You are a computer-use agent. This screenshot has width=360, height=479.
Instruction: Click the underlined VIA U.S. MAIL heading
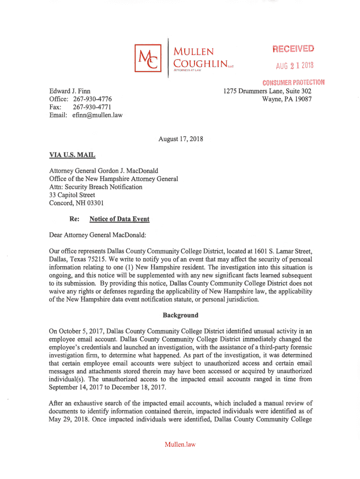[72, 154]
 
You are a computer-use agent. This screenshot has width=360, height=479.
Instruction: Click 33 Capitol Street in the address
[72, 195]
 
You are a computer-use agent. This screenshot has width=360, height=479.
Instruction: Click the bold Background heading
[180, 315]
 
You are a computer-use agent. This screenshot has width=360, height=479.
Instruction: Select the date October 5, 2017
[78, 331]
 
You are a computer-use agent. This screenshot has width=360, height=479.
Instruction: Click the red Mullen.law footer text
[180, 444]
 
